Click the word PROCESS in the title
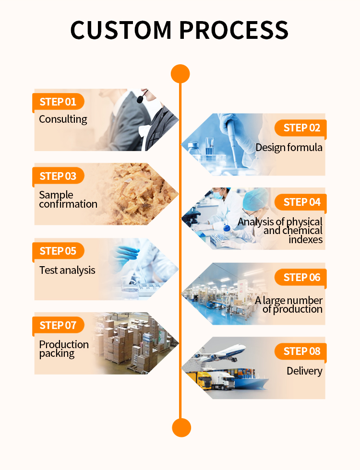(234, 30)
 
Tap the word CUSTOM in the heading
(121, 30)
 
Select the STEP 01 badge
(58, 102)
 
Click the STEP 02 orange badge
(300, 128)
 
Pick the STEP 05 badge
(58, 251)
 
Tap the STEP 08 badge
(300, 351)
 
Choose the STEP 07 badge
(58, 325)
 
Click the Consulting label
(63, 119)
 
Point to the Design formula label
(289, 148)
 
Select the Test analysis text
(67, 270)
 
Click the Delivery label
(304, 371)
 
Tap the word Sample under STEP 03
(56, 195)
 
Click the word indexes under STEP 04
(306, 239)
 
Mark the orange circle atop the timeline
(180, 74)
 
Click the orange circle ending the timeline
(181, 427)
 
